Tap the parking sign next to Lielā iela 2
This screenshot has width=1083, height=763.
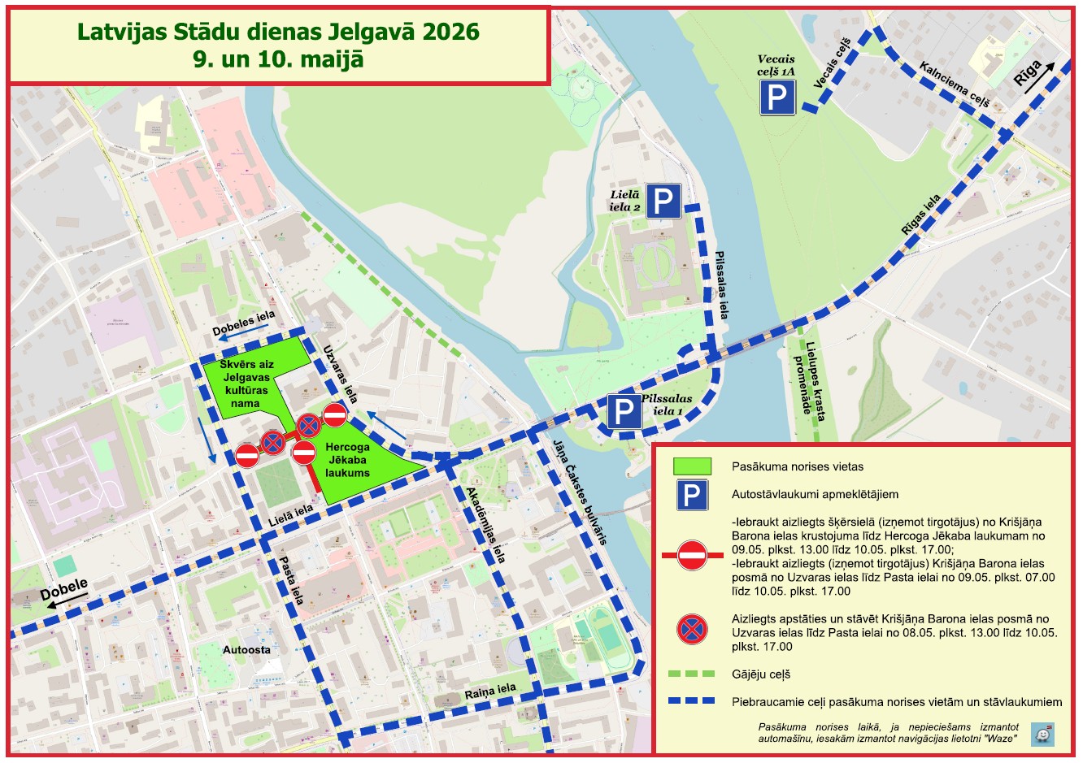coord(663,202)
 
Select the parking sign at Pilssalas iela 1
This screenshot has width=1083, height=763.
coord(624,411)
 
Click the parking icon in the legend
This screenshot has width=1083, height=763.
coord(691,494)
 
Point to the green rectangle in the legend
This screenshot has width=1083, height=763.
coord(691,466)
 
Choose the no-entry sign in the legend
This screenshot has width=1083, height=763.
coord(692,556)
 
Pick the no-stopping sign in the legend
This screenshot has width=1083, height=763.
coord(692,629)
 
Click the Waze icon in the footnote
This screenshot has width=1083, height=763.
coord(1042,734)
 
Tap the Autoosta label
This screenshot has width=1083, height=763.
coord(246,650)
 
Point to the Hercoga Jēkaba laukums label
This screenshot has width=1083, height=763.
coord(347,460)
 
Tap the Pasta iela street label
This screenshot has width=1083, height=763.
coord(291,579)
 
